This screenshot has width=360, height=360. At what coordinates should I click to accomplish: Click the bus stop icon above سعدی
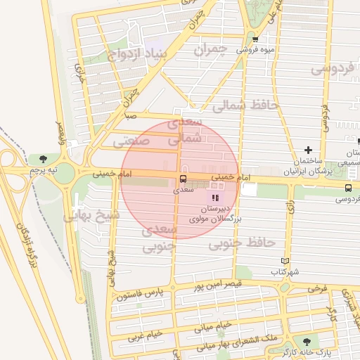[184, 179]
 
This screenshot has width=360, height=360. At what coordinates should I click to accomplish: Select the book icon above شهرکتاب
[284, 261]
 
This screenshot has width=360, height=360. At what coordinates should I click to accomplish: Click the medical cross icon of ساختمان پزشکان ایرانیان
[308, 150]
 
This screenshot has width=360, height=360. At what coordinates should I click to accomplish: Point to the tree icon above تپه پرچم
[44, 159]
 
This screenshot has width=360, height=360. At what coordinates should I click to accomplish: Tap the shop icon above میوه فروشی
[255, 39]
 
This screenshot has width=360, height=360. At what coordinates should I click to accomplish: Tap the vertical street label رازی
[290, 209]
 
